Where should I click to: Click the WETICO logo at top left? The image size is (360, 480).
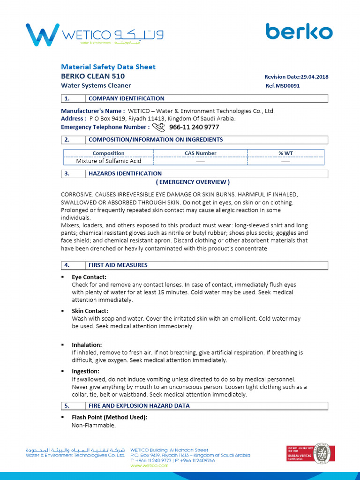pos(94,35)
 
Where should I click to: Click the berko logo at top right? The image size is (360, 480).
pos(299,31)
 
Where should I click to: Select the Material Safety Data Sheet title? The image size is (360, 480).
pos(108,67)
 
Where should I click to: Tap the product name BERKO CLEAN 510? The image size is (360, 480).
pos(93,76)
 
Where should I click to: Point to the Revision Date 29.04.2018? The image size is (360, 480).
pos(296,77)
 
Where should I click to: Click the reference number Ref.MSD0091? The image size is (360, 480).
pos(282,86)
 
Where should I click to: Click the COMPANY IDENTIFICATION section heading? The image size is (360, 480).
pos(126,98)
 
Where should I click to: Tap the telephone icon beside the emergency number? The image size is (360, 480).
pos(159,127)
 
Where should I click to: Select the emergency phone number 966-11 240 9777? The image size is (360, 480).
pos(194,127)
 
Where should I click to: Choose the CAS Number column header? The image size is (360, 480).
pos(200,153)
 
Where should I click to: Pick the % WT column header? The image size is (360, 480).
pos(285,153)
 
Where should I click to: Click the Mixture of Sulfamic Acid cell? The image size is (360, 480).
pos(108,161)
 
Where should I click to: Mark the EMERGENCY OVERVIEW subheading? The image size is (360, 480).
pos(193,182)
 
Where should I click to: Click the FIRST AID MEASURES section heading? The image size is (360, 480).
pos(118,265)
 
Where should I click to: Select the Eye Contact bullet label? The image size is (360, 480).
pos(89,277)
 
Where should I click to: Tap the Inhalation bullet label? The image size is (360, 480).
pos(87,345)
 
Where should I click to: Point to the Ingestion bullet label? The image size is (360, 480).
pos(85,371)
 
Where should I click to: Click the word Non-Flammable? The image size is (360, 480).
pos(93,425)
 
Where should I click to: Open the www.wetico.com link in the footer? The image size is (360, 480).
pos(149,465)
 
